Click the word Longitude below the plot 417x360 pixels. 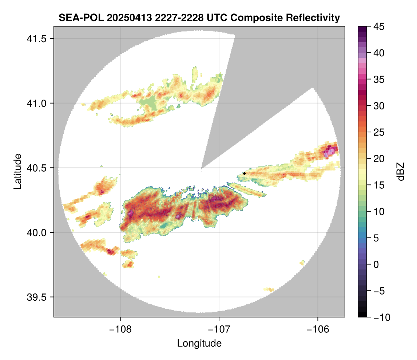coord(199,343)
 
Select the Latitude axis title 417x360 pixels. coord(17,171)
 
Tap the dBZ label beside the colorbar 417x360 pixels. coord(401,172)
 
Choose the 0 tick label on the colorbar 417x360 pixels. coord(376,264)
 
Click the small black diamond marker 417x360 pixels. coord(244,173)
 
